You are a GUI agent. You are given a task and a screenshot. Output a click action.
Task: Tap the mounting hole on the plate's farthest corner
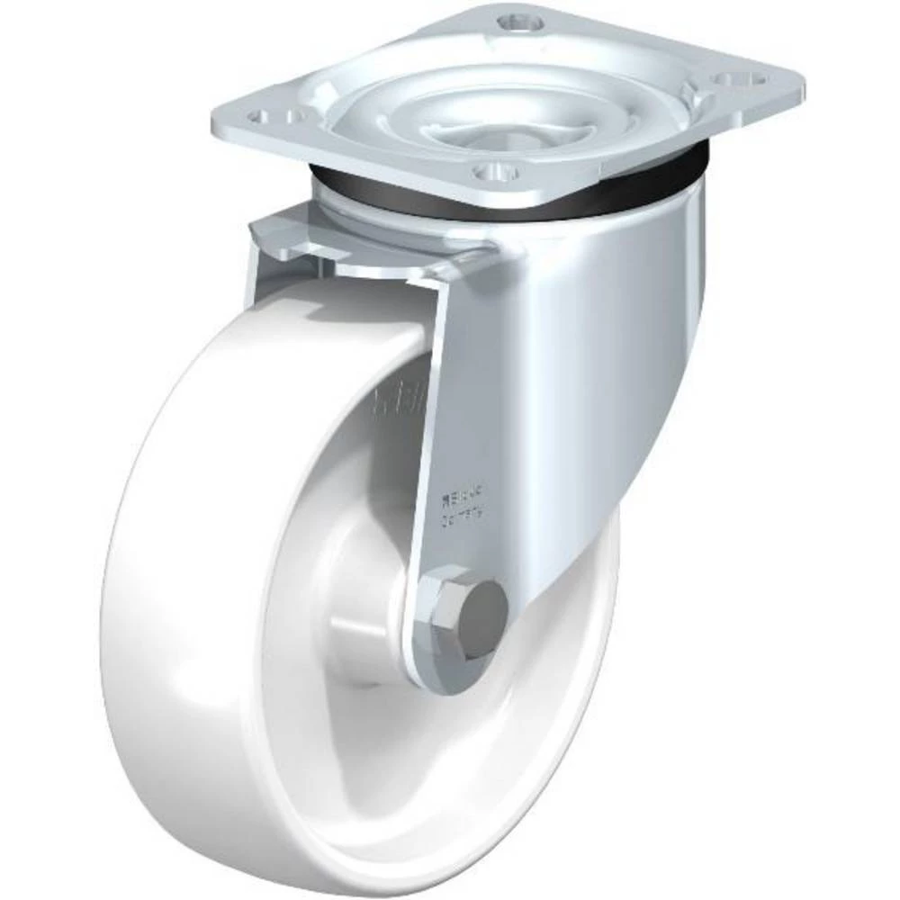[516, 19]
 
